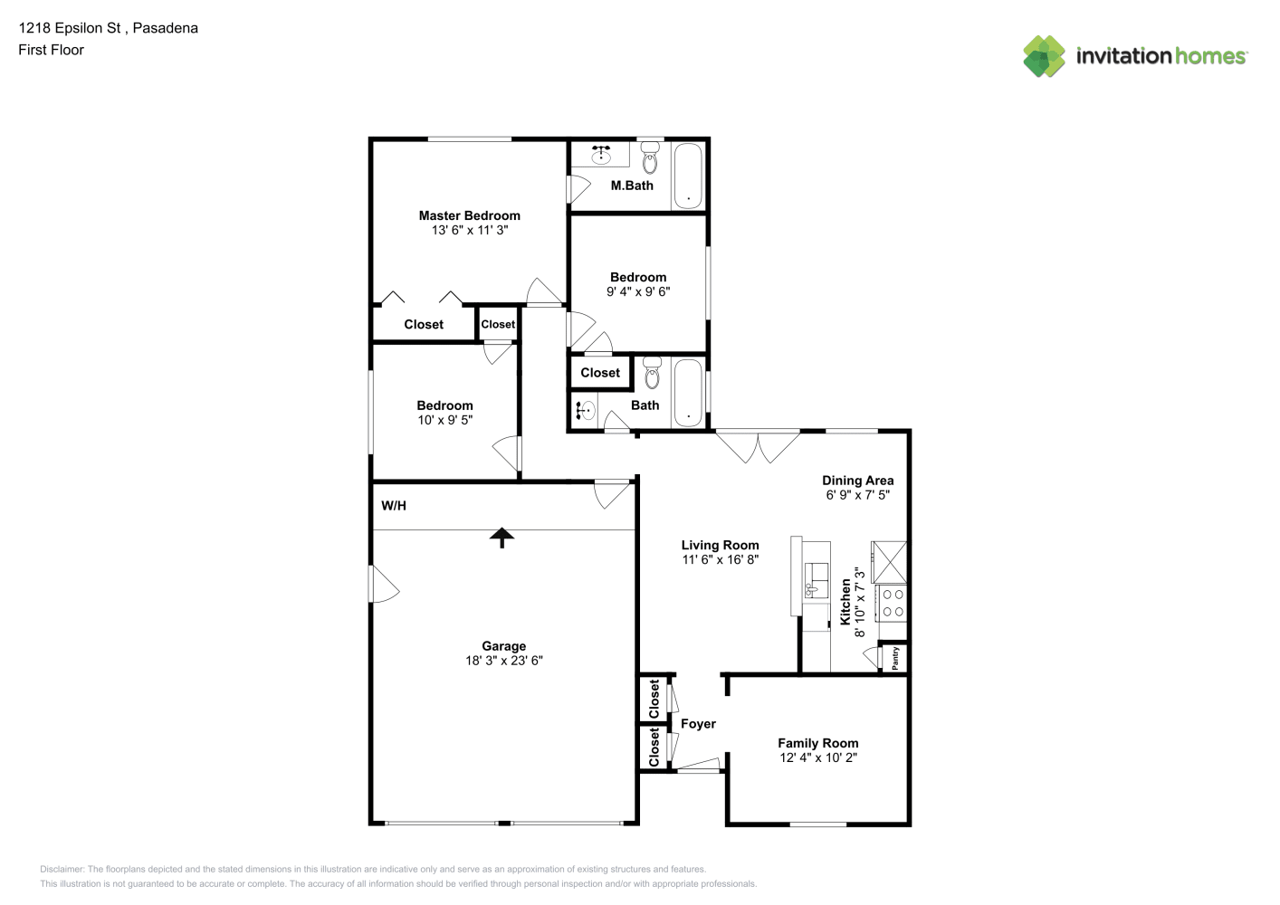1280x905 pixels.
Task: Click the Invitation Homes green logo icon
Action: pyautogui.click(x=1044, y=56)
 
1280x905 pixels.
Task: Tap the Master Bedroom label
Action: pyautogui.click(x=469, y=215)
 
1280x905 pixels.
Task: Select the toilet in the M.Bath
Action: pyautogui.click(x=650, y=157)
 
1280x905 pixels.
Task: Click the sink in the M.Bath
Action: pyautogui.click(x=600, y=155)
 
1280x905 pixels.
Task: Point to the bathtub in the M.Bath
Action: pyautogui.click(x=688, y=176)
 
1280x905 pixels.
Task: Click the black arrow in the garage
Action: pyautogui.click(x=501, y=538)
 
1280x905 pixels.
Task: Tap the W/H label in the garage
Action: pyautogui.click(x=393, y=506)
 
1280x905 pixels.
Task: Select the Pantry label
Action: pyautogui.click(x=895, y=658)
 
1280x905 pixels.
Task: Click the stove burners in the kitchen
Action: pyautogui.click(x=893, y=604)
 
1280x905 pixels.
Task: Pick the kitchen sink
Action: pyautogui.click(x=816, y=580)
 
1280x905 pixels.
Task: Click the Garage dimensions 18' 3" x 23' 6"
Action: pyautogui.click(x=504, y=661)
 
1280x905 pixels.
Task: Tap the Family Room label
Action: pyautogui.click(x=817, y=743)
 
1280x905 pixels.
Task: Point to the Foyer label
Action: pyautogui.click(x=698, y=724)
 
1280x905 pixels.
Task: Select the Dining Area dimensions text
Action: pyautogui.click(x=858, y=495)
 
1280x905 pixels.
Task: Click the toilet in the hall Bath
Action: pyautogui.click(x=652, y=373)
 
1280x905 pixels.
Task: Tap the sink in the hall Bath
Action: pyautogui.click(x=585, y=410)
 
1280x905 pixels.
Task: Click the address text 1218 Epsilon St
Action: pyautogui.click(x=70, y=28)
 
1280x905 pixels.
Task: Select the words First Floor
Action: pyautogui.click(x=51, y=50)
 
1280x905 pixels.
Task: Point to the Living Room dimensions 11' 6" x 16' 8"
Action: pyautogui.click(x=720, y=559)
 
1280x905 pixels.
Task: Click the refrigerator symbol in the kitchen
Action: pyautogui.click(x=889, y=562)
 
